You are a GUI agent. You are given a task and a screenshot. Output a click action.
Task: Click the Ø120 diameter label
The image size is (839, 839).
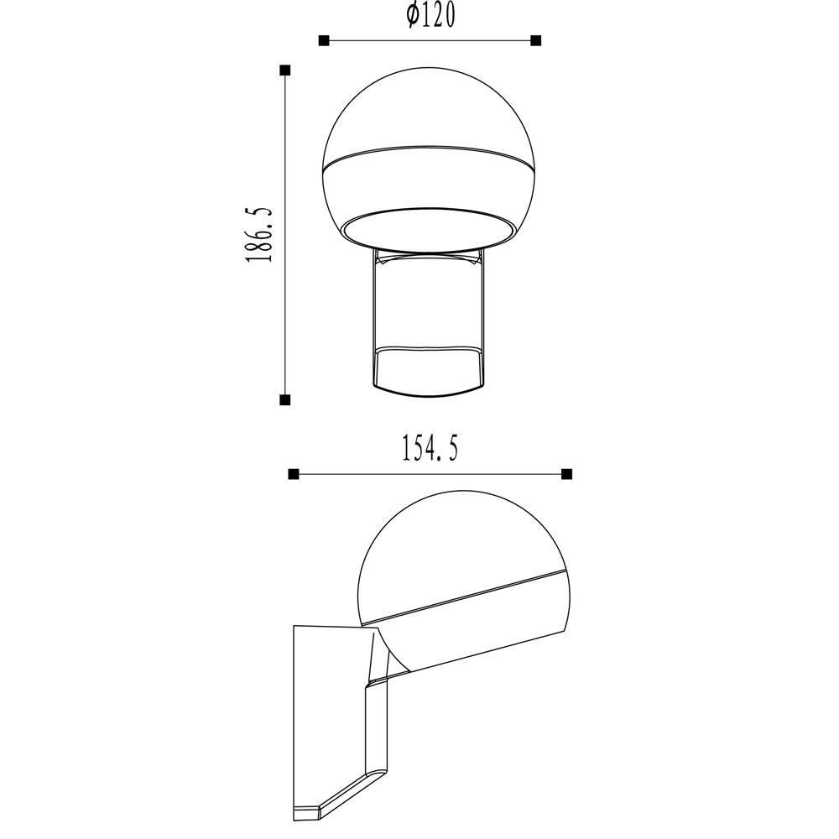point(430,16)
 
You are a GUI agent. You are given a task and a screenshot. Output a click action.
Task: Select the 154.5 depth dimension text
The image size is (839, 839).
point(430,448)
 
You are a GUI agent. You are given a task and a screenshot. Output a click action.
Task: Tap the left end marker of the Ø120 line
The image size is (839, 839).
point(323,40)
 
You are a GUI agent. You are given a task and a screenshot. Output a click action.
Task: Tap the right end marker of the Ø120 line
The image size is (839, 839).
point(536,40)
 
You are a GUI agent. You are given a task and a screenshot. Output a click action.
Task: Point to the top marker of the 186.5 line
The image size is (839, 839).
point(285,70)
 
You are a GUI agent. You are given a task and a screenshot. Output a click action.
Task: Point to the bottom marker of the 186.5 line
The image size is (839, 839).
point(285,399)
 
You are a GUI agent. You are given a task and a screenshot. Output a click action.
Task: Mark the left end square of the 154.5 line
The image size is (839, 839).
point(293,474)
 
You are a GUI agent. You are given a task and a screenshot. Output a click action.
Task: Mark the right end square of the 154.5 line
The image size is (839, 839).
point(567,474)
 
